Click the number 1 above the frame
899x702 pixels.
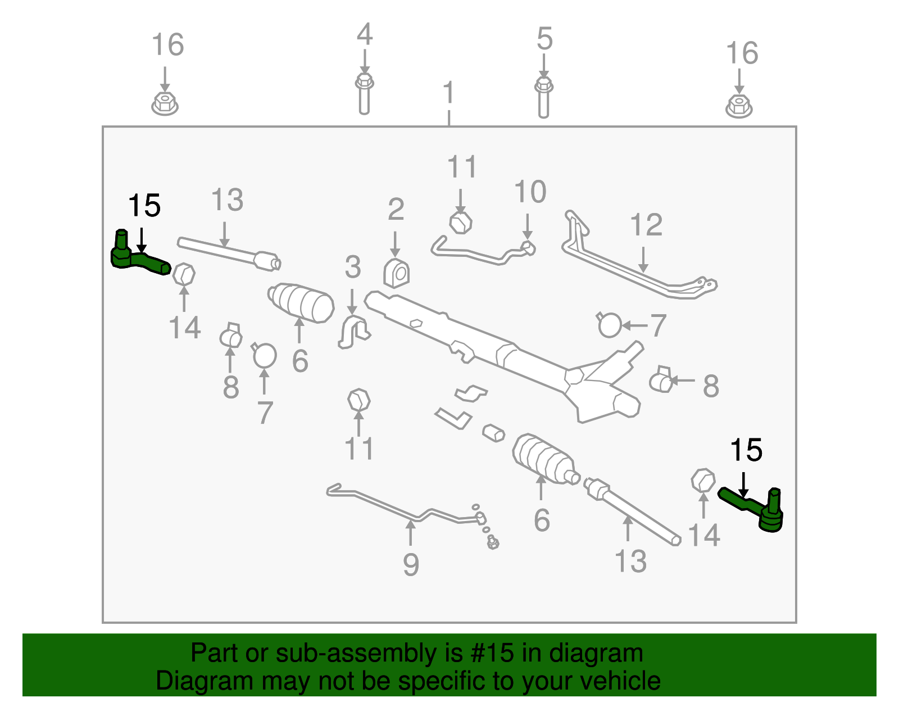click(x=449, y=92)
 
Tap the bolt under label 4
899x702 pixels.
click(x=364, y=94)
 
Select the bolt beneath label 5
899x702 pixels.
click(x=544, y=98)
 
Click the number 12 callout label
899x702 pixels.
click(x=646, y=225)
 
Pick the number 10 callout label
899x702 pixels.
click(x=530, y=192)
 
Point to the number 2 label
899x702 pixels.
click(x=396, y=209)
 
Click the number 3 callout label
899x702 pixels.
click(x=353, y=267)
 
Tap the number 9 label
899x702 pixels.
click(x=411, y=564)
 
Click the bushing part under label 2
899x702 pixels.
click(x=396, y=273)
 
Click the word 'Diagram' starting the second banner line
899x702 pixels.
click(x=205, y=681)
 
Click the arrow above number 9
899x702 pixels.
click(x=410, y=533)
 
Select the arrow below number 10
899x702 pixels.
click(x=527, y=227)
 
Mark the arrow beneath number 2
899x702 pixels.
click(x=395, y=244)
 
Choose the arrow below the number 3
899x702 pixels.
click(x=352, y=302)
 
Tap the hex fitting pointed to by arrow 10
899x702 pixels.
click(x=528, y=248)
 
